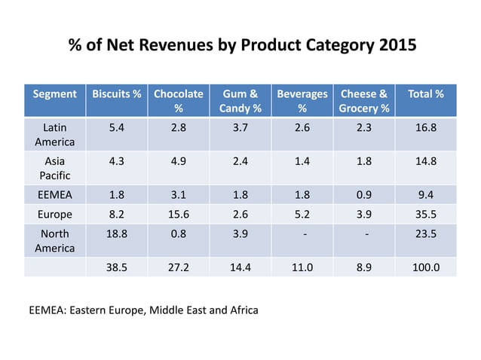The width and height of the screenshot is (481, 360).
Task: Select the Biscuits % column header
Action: click(x=116, y=94)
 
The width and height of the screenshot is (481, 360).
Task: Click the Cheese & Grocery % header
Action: click(x=364, y=101)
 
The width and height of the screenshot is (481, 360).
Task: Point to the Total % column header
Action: click(x=425, y=94)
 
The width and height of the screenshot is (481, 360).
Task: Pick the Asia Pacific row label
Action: click(x=54, y=168)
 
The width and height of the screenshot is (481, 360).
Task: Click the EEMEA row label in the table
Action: click(x=54, y=195)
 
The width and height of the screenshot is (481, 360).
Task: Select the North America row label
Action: click(x=54, y=241)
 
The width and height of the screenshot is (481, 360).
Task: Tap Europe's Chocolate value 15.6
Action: click(x=179, y=215)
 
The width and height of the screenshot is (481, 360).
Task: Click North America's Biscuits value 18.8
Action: click(x=117, y=234)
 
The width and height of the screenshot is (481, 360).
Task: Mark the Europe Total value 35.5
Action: click(x=426, y=215)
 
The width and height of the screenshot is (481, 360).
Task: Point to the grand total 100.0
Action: click(x=426, y=267)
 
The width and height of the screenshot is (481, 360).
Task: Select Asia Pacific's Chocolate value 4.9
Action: click(x=179, y=161)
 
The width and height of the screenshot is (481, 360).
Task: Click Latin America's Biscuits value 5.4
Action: click(x=117, y=127)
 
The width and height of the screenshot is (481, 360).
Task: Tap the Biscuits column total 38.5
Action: click(x=117, y=267)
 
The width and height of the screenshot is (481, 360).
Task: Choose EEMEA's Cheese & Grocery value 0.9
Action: click(x=365, y=195)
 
